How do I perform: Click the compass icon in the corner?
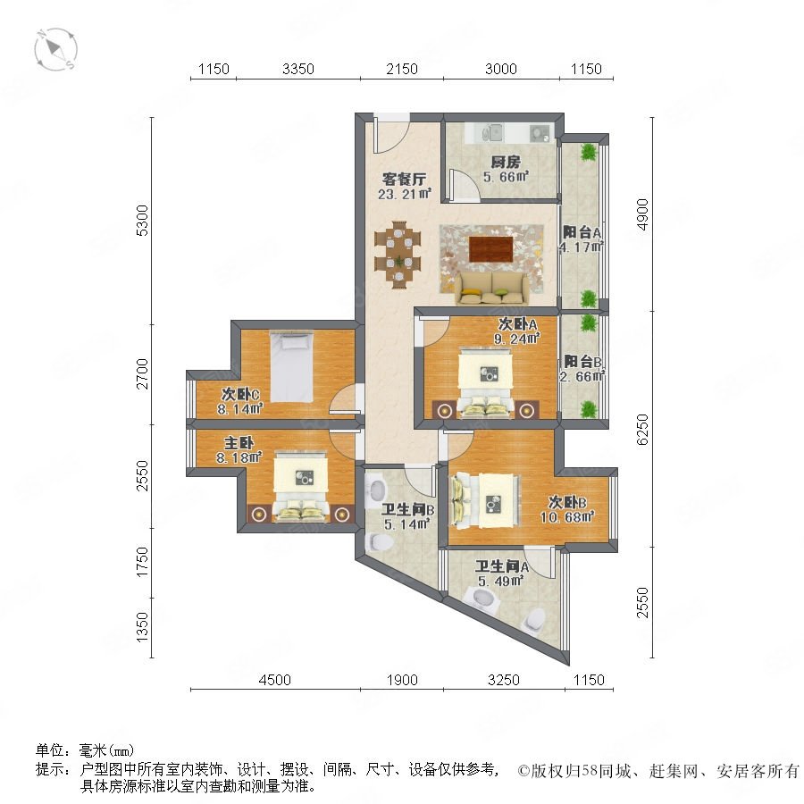[x=56, y=50]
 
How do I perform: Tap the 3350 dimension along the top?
[x=297, y=69]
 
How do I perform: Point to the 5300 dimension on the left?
[x=143, y=221]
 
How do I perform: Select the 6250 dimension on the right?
[x=642, y=429]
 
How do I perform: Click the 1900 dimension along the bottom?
[x=402, y=680]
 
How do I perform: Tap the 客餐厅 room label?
[x=404, y=180]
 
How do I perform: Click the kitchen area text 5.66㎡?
[x=506, y=177]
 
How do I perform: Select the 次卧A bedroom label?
[x=517, y=324]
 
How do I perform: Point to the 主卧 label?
[x=239, y=442]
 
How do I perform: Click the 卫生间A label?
[x=501, y=566]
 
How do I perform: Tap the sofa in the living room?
[x=490, y=289]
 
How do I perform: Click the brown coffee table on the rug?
[x=490, y=248]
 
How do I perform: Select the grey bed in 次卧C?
[x=291, y=366]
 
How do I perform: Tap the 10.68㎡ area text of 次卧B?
[x=567, y=516]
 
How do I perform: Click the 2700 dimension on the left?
[x=143, y=373]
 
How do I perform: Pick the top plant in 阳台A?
[x=590, y=152]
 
